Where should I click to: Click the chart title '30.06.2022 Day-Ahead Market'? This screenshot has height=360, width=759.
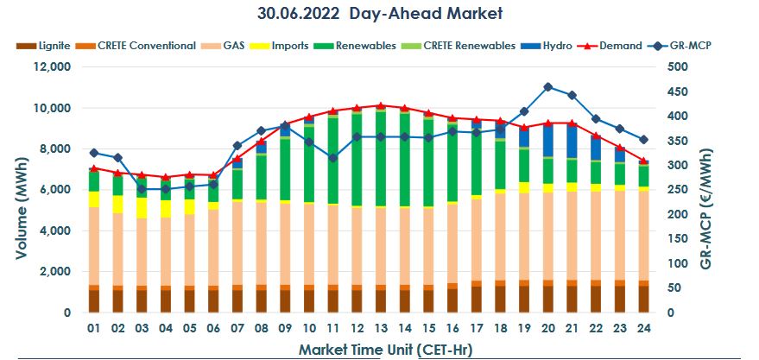379,14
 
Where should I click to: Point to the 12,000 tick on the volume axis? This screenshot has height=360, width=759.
51,66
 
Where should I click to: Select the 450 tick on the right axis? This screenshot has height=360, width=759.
678,92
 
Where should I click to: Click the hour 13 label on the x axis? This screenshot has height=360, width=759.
380,329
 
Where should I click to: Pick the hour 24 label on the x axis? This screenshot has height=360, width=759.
642,329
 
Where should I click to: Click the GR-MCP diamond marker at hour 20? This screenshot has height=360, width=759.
547,87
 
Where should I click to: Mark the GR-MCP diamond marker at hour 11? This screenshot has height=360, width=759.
332,158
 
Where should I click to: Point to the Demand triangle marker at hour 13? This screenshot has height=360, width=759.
380,105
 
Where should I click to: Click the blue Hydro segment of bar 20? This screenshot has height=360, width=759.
547,141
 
